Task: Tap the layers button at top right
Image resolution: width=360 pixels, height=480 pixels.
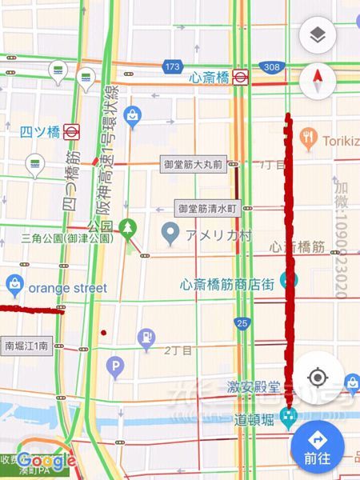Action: point(318,36)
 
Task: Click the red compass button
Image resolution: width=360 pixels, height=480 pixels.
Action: point(318,82)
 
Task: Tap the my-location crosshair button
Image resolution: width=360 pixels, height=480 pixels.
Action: point(318,377)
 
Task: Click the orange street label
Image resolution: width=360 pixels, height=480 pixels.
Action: point(56,287)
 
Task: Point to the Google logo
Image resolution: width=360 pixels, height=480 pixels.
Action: point(46,461)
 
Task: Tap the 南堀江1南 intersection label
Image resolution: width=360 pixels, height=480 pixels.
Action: point(26,346)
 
